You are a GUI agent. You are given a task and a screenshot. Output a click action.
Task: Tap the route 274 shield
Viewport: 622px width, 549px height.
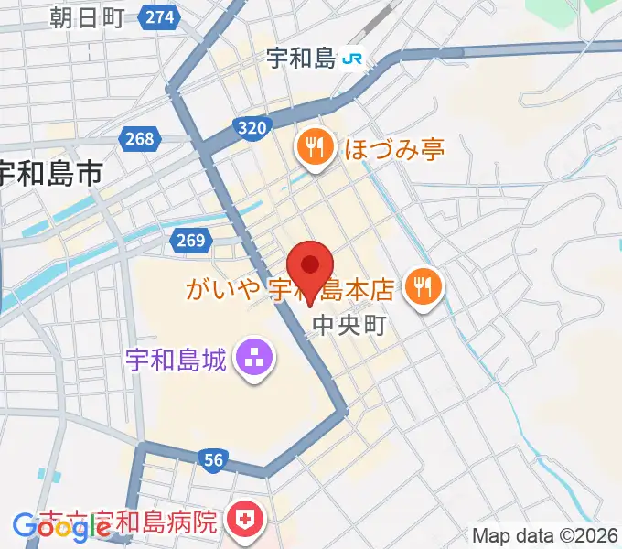pyautogui.click(x=160, y=16)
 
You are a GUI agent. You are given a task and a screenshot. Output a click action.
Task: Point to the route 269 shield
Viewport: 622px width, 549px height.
pyautogui.click(x=187, y=240)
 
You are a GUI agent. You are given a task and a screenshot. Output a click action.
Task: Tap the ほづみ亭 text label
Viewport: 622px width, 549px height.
pyautogui.click(x=394, y=148)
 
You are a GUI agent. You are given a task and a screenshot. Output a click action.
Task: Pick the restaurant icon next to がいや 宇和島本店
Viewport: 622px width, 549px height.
pyautogui.click(x=424, y=289)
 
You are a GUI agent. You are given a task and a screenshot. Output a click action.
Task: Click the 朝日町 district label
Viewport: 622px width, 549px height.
pyautogui.click(x=87, y=16)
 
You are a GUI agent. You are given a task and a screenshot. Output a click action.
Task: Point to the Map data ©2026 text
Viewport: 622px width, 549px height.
pyautogui.click(x=546, y=535)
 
